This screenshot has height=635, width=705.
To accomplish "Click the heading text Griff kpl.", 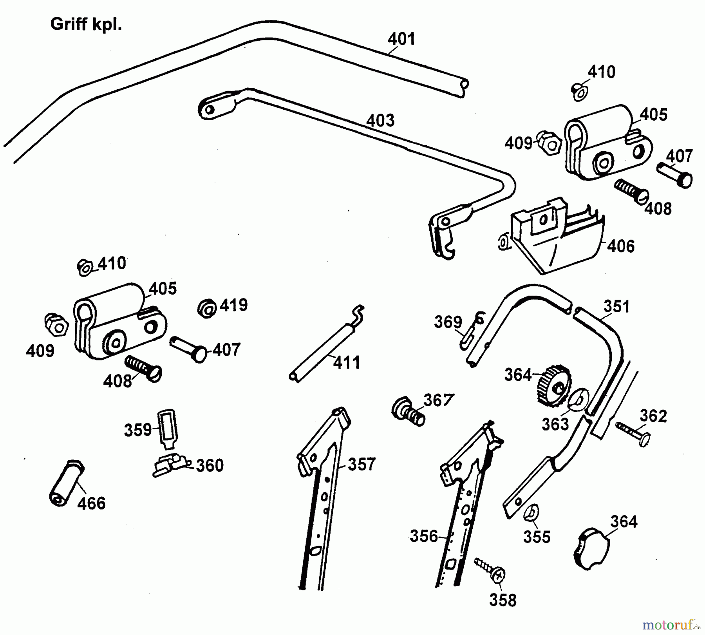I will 86,24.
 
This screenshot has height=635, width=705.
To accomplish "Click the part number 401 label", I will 401,39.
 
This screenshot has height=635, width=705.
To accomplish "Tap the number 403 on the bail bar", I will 380,120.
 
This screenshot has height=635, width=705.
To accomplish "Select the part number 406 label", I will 621,246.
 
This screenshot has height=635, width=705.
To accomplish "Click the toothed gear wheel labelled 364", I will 553,385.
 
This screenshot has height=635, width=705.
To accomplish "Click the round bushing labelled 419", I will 206,308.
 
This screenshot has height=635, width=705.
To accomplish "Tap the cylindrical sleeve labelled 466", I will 67,484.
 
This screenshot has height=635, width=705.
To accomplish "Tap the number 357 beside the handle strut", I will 361,464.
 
